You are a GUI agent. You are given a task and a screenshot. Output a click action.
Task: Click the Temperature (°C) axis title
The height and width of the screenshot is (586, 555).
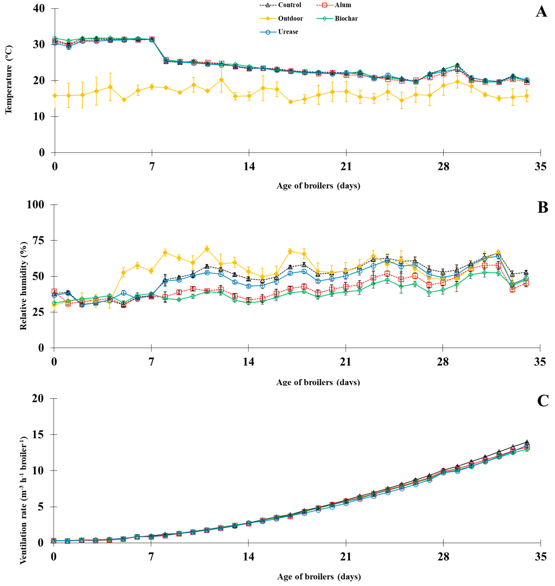(x=9, y=79)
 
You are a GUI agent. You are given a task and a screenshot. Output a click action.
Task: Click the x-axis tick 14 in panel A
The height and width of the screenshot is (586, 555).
(x=249, y=167)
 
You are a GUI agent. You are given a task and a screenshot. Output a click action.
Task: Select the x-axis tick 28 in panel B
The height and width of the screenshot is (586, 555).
(x=443, y=362)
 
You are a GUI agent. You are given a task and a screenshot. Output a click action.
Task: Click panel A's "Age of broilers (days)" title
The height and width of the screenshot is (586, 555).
(x=318, y=186)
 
